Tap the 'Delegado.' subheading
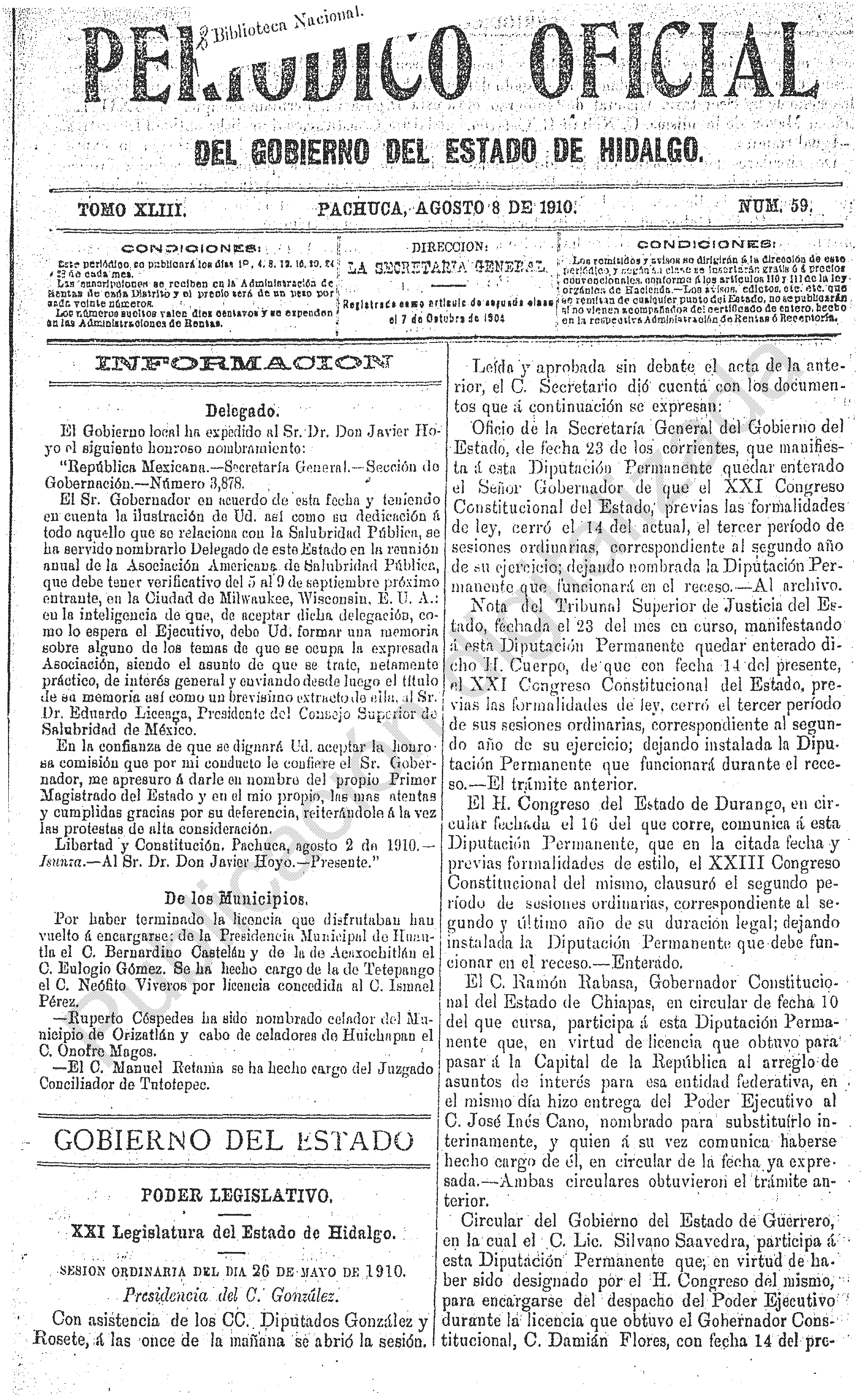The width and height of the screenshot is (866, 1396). click(242, 410)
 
